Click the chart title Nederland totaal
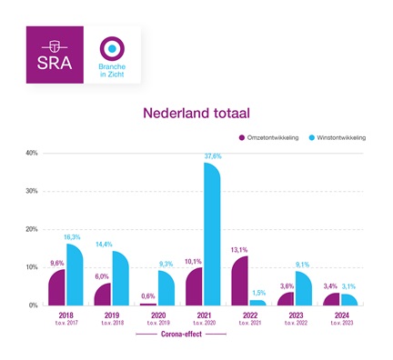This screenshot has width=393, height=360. tap(196, 115)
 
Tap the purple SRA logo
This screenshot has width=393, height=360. tap(55, 56)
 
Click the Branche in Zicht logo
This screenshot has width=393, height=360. tap(111, 56)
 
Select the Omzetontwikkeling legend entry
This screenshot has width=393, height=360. tap(274, 138)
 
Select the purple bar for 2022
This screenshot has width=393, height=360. tap(240, 281)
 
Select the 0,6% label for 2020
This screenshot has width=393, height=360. tap(148, 296)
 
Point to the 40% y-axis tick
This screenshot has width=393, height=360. tap(31, 153)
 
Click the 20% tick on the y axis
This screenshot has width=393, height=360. tap(31, 229)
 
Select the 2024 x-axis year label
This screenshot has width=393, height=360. tap(344, 315)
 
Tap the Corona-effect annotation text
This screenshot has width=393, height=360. tap(181, 334)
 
